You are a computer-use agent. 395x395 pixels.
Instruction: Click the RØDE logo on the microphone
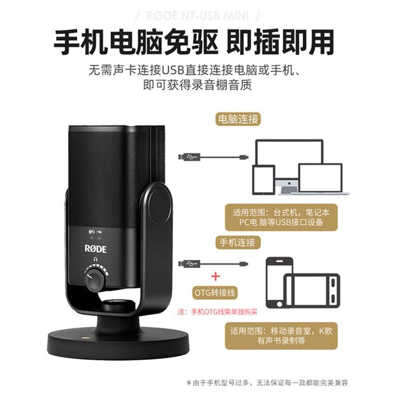point(95,249)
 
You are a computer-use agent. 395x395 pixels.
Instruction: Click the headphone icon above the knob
point(95,259)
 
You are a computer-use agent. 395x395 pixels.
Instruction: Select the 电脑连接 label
point(238,119)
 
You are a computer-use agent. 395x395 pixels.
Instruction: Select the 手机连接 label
point(238,243)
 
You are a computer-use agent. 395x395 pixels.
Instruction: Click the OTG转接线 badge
point(215,293)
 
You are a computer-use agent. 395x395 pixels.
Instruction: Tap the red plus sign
point(215,276)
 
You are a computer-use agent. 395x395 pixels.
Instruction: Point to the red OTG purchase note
point(218,312)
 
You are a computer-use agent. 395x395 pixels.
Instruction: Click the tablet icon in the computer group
point(264,180)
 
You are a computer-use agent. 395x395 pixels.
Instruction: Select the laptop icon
point(320,178)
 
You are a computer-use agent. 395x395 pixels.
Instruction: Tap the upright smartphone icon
point(280,283)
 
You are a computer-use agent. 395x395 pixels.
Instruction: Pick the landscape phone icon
point(312,290)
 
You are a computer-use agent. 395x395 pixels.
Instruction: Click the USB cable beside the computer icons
point(214,157)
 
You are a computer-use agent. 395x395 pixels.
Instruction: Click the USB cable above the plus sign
point(214,264)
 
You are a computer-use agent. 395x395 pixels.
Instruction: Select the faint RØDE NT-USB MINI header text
point(197,15)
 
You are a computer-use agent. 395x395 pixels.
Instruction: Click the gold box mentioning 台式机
point(281,217)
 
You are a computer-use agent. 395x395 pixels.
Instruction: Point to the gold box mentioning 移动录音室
point(281,336)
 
